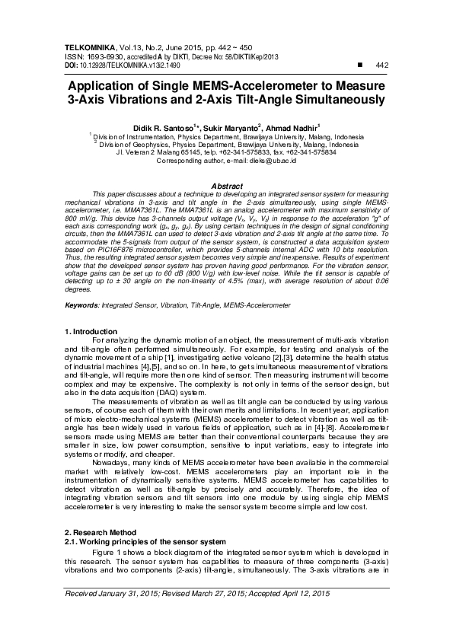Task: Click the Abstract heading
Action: (226, 187)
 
